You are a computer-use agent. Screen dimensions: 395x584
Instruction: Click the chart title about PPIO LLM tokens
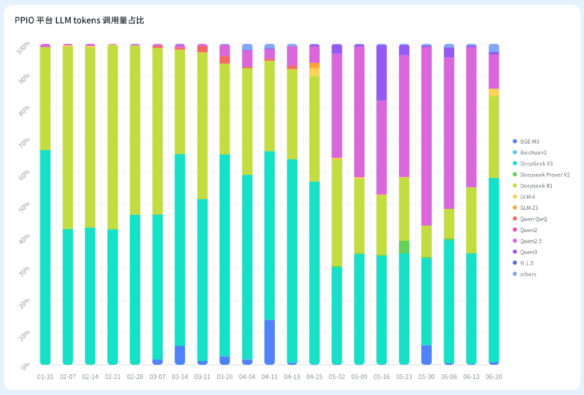point(79,20)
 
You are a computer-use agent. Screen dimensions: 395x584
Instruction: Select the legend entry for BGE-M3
point(529,141)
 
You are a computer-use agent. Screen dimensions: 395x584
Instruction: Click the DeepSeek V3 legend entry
point(536,164)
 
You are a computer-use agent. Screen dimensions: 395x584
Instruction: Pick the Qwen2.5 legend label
point(531,241)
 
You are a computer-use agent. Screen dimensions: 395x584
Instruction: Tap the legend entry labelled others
point(528,274)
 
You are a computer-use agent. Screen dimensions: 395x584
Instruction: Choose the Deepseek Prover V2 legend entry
point(544,175)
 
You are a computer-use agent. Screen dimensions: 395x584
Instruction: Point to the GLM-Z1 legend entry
point(529,208)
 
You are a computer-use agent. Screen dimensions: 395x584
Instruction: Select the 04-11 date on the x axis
point(270,377)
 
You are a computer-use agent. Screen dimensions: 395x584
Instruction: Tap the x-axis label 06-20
point(494,377)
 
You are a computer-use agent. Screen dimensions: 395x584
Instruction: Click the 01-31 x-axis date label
point(45,377)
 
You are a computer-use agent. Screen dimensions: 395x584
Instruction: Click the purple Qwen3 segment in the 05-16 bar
point(382,73)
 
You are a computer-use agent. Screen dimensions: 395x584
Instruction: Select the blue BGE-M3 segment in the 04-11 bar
point(270,342)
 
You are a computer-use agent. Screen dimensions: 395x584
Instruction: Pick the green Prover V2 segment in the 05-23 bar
point(404,247)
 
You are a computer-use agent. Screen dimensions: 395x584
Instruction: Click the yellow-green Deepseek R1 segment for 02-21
point(113,137)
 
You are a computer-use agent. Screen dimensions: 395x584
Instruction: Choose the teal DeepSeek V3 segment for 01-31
point(45,257)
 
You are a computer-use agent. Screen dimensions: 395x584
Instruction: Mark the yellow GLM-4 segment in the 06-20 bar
point(494,92)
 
